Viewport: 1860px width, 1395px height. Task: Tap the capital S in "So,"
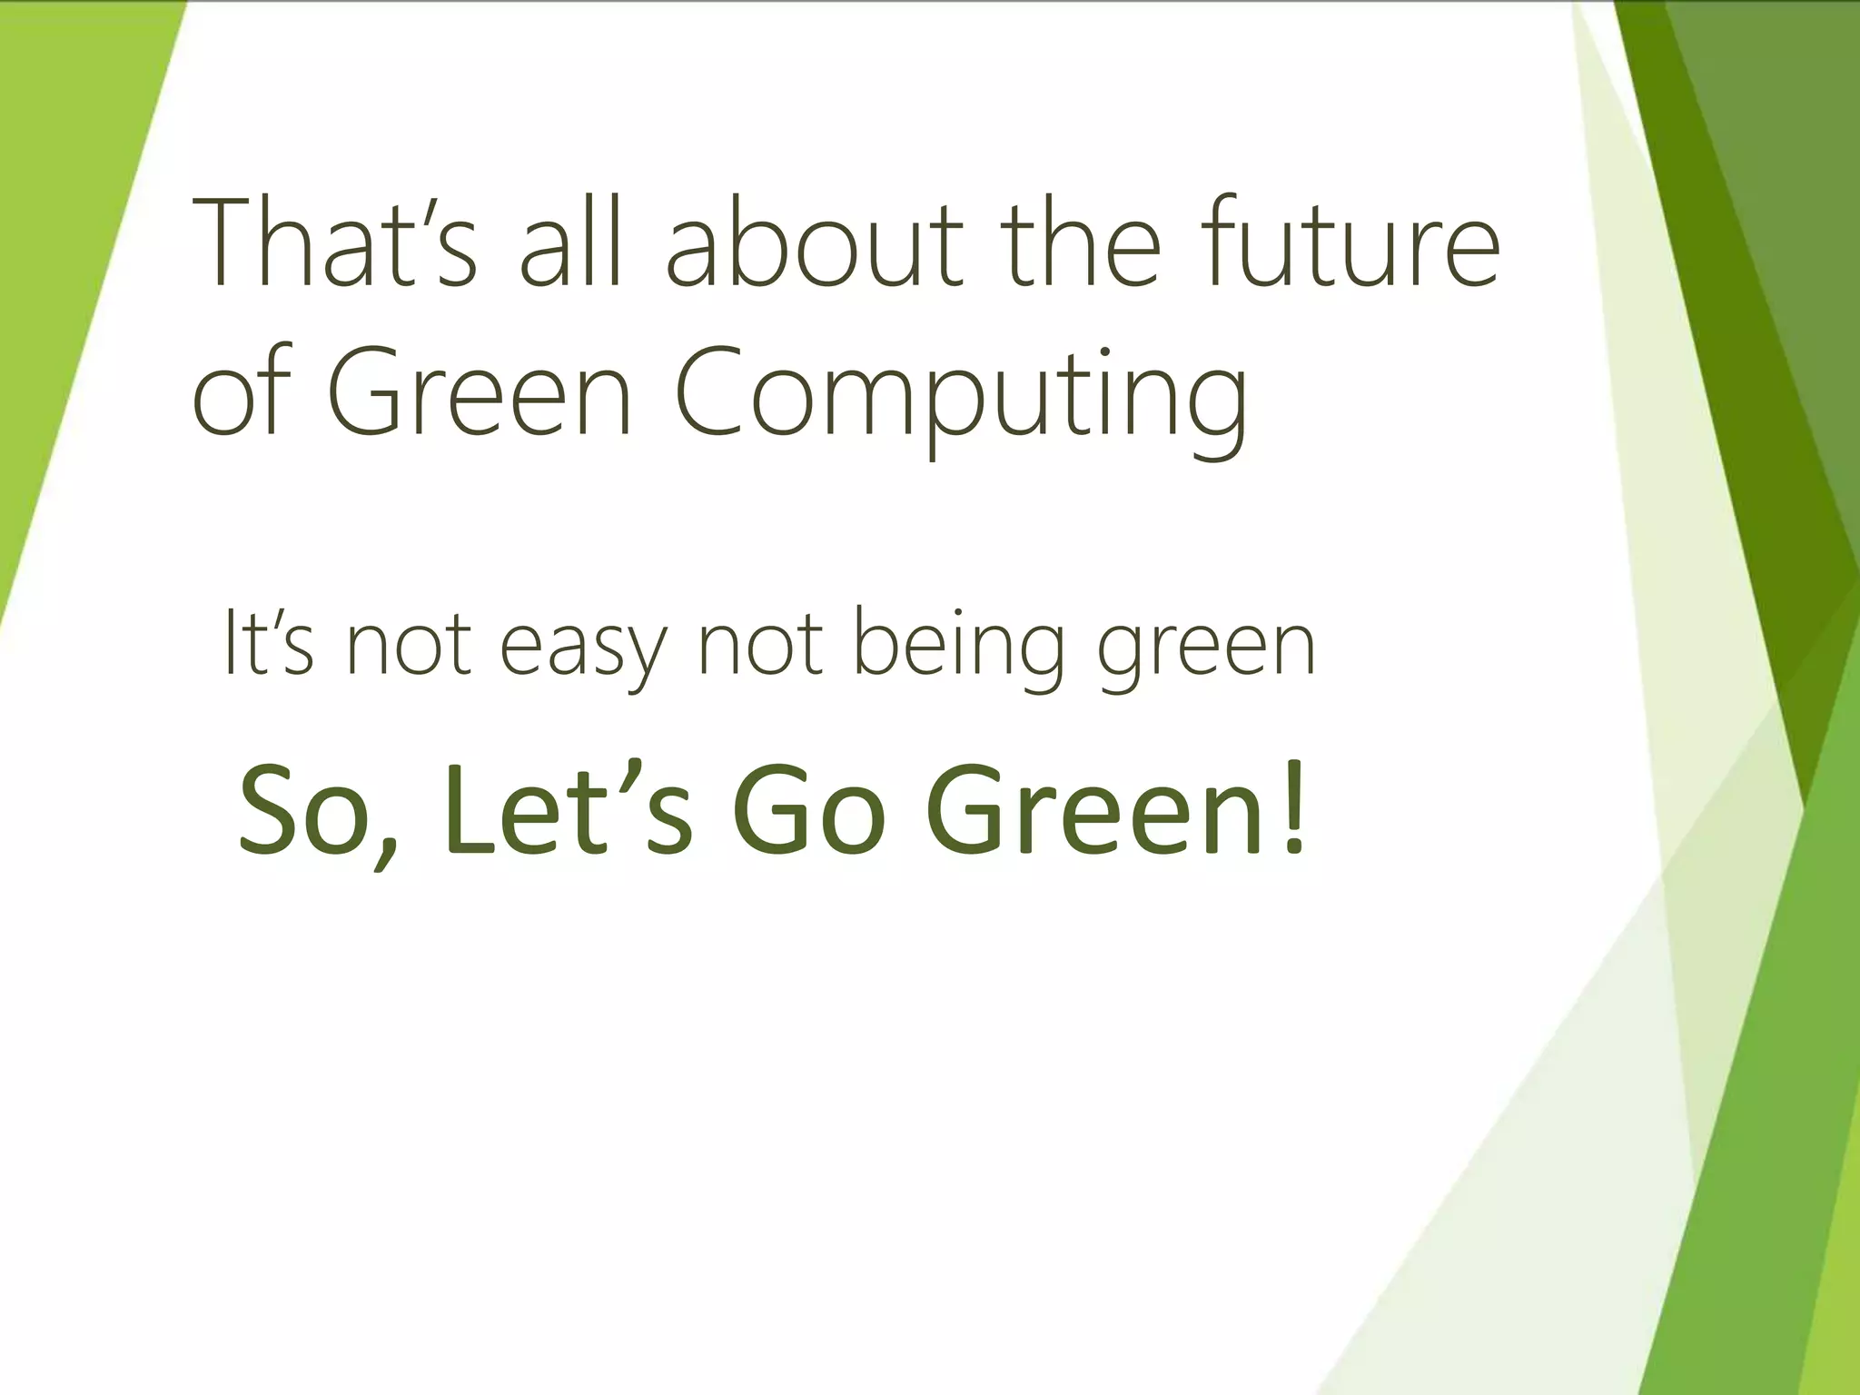point(273,807)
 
